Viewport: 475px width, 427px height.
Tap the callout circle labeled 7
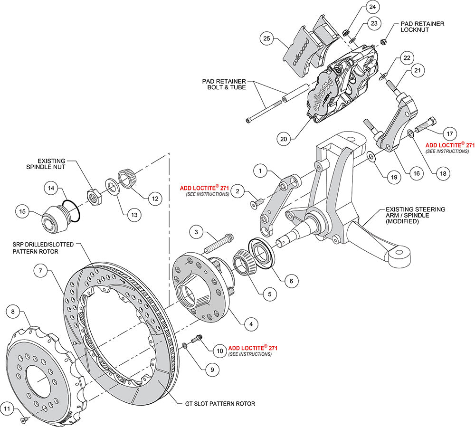click(x=41, y=271)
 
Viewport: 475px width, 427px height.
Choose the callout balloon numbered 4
click(x=250, y=324)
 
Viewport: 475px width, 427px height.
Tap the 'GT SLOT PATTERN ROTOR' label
click(x=220, y=404)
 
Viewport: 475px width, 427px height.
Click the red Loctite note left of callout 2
click(x=204, y=190)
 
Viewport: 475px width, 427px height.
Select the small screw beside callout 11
click(x=23, y=420)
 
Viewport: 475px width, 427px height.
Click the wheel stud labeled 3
click(x=218, y=242)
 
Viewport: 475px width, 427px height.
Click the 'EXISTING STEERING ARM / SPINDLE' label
click(x=415, y=215)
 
